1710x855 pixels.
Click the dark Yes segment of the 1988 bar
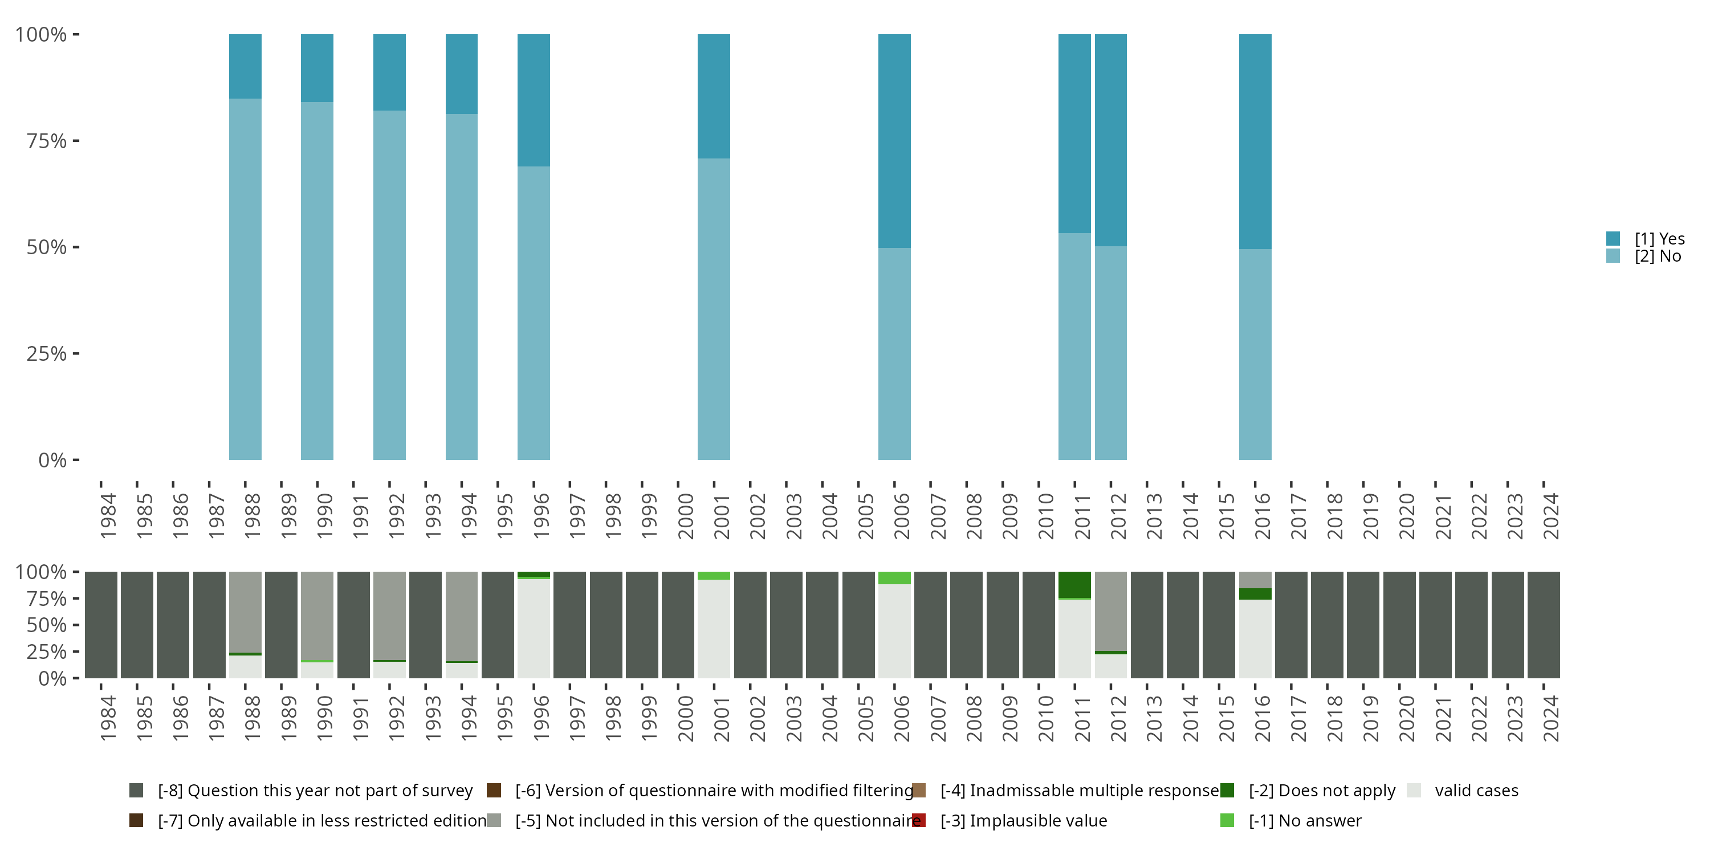pos(245,66)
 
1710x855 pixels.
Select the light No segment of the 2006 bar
pos(894,353)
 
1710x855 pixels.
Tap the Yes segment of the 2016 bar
pos(1255,141)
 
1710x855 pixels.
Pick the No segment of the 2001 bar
pos(714,309)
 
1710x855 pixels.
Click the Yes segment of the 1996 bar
pos(534,100)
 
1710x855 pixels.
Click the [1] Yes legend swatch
pos(1613,239)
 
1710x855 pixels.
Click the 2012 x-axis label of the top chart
pos(1118,516)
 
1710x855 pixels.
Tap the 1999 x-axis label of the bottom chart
pos(649,718)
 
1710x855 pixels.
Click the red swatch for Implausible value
pos(919,820)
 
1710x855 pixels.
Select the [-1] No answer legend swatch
pos(1227,820)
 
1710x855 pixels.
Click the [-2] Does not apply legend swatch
pos(1227,791)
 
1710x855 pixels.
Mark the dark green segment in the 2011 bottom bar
pos(1074,584)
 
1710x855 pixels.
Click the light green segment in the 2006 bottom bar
pos(894,577)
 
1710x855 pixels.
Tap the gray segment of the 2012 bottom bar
pos(1110,610)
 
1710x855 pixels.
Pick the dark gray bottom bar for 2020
pos(1399,625)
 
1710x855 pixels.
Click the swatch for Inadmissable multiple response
pos(919,791)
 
